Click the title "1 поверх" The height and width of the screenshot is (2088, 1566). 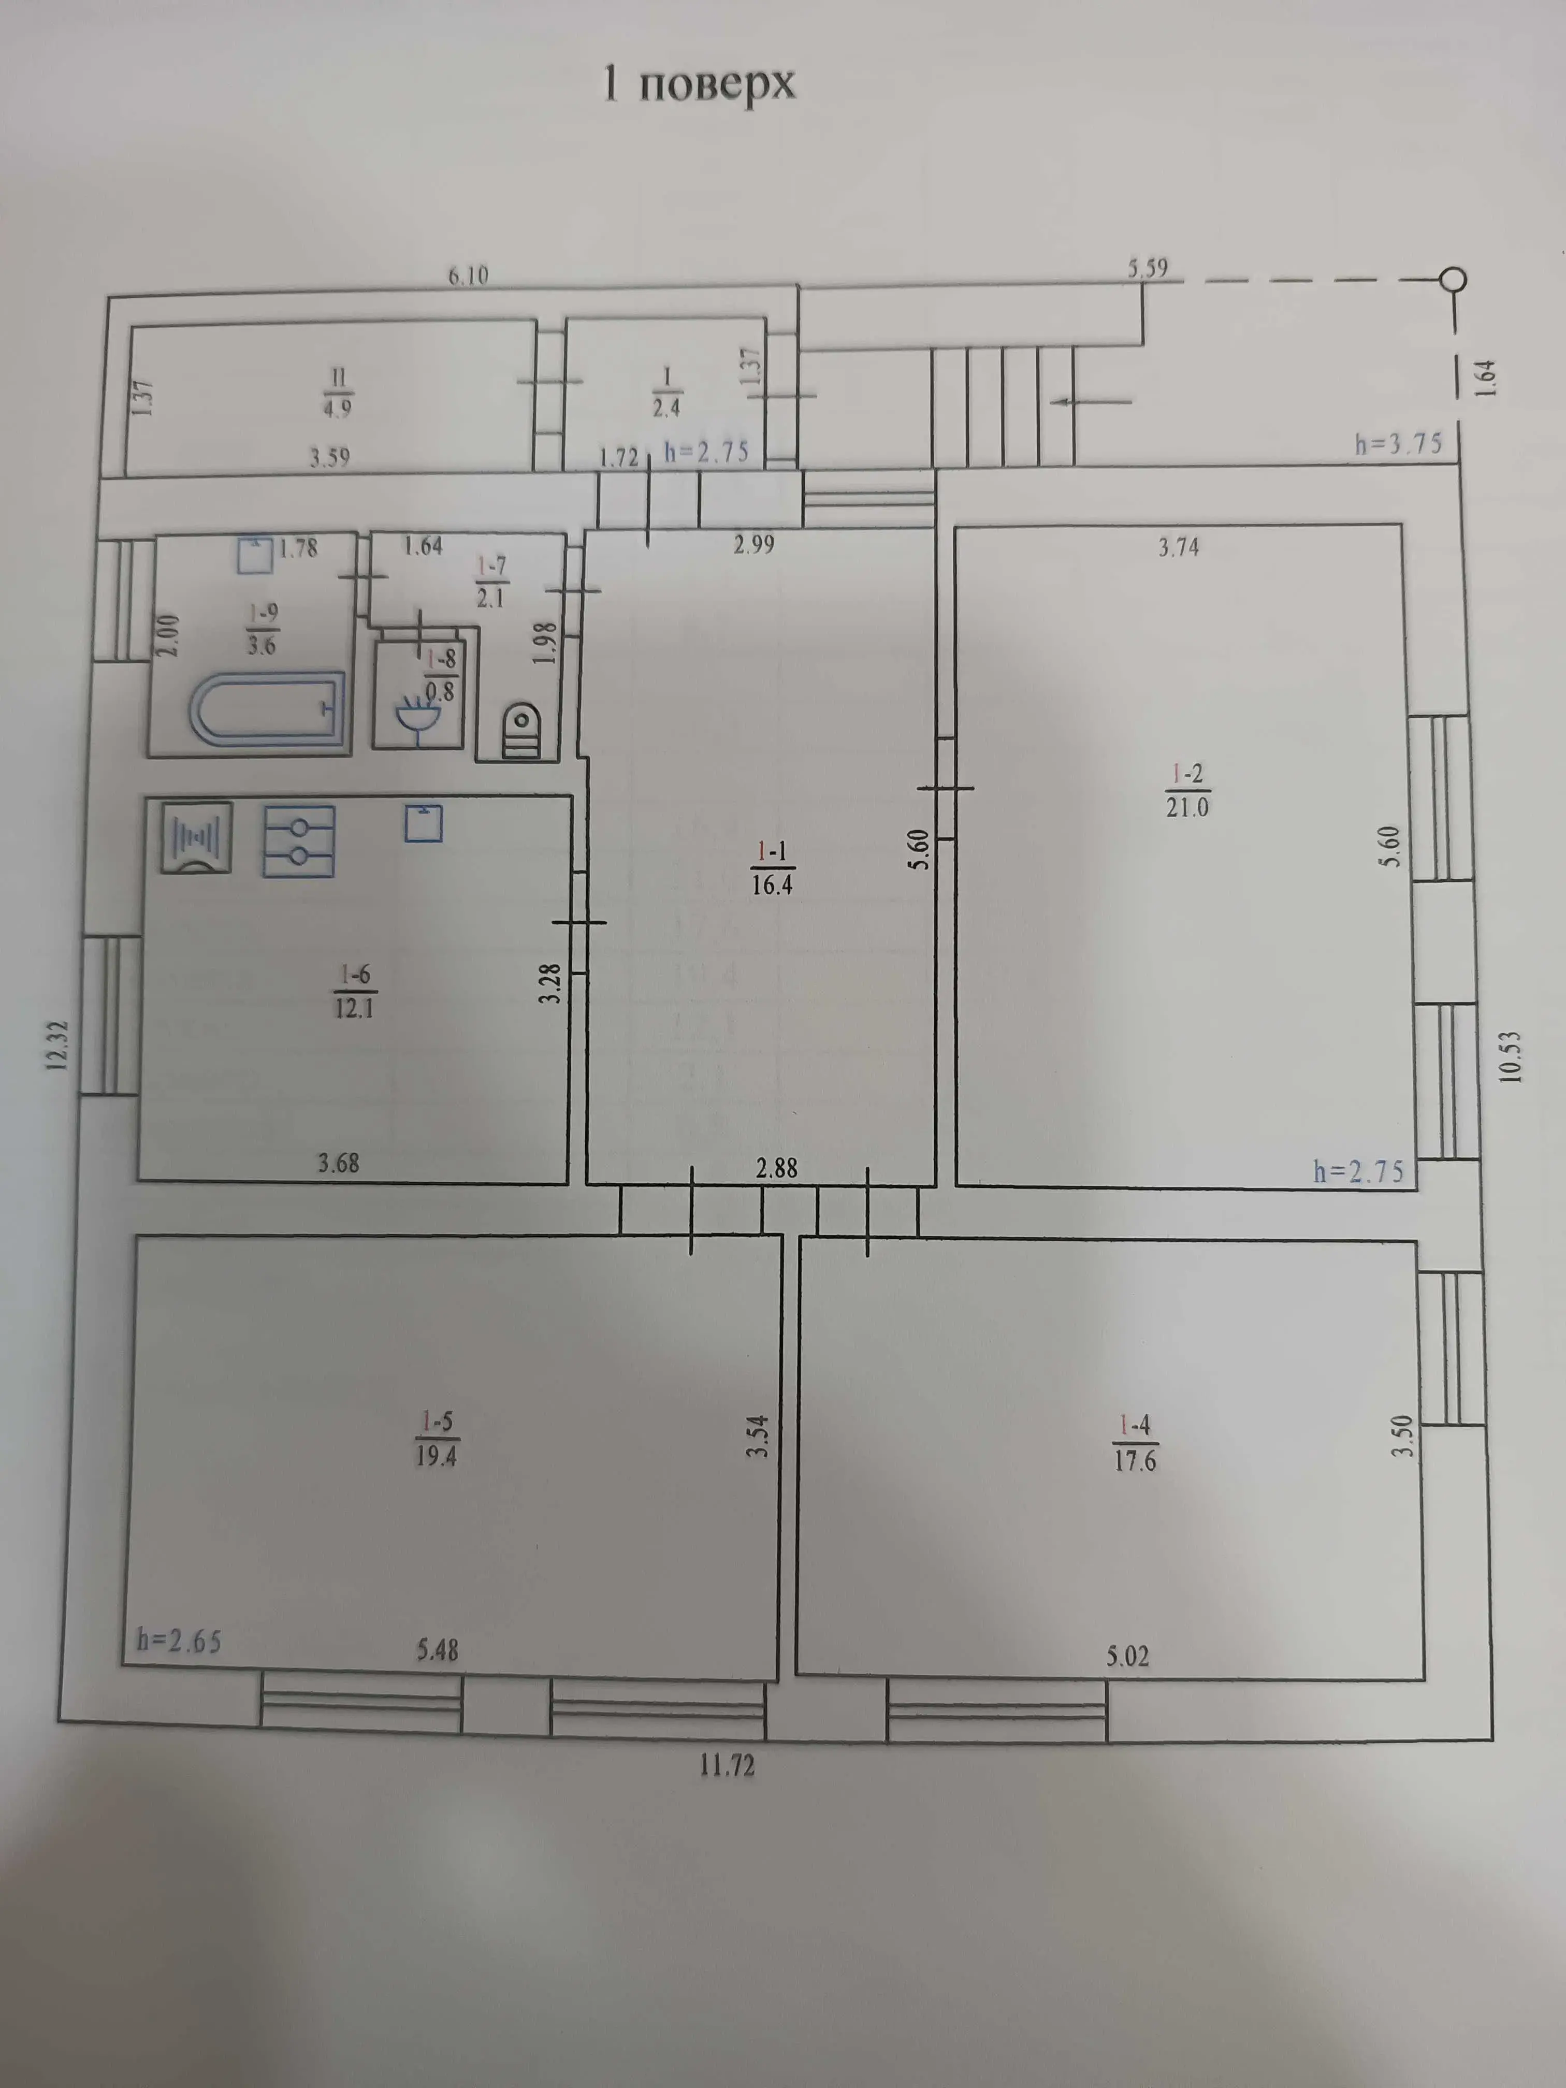click(700, 85)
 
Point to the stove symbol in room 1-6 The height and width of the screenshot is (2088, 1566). click(298, 842)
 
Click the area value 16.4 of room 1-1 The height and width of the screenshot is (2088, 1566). click(772, 885)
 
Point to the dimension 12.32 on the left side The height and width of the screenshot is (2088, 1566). click(59, 1045)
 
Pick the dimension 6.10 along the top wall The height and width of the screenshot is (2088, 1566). click(468, 275)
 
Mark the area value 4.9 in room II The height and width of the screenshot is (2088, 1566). click(338, 409)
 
